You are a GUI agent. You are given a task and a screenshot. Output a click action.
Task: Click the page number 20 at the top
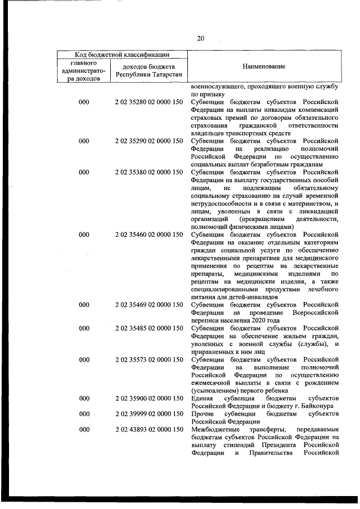coord(200,38)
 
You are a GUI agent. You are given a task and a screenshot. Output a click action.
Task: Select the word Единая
coord(201,398)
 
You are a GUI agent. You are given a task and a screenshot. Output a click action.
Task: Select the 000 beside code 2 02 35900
coord(84,398)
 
